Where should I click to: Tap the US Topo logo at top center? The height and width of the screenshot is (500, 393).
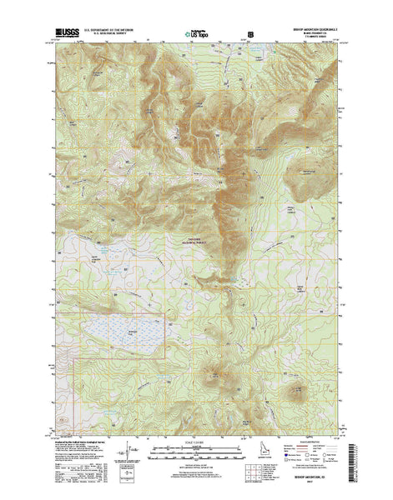tap(197, 36)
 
